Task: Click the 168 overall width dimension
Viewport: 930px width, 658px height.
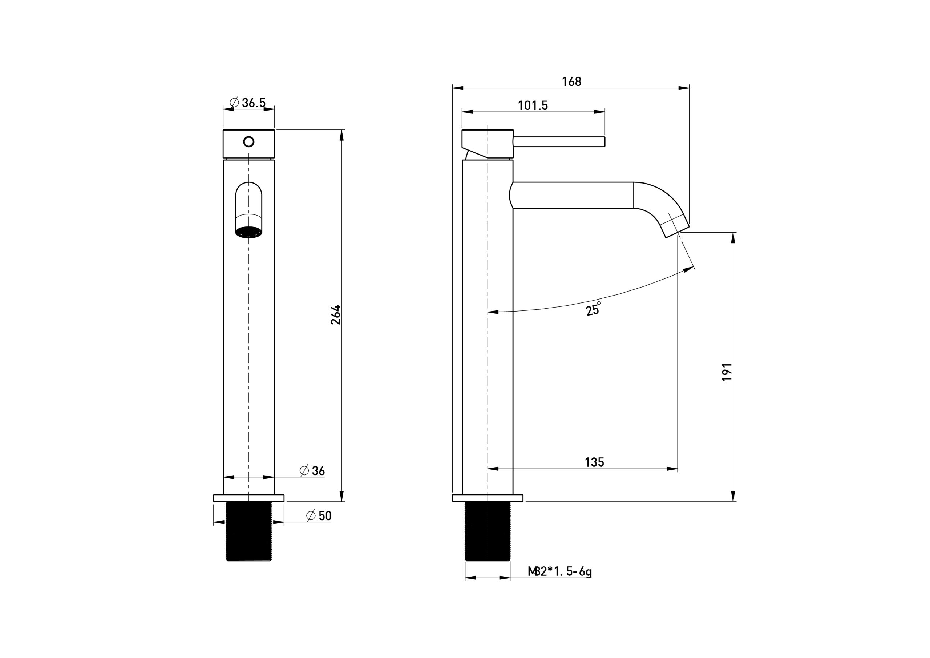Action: [571, 82]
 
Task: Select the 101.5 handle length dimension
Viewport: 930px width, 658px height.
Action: [533, 105]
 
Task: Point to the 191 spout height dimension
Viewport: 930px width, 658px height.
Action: [727, 372]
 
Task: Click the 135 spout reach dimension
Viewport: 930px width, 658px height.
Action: [594, 462]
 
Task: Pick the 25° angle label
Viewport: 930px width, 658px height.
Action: [593, 309]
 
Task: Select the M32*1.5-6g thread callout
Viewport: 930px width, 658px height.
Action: [559, 571]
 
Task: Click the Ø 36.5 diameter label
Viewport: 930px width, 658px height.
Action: [247, 103]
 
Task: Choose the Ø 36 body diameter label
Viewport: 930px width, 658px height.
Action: [312, 470]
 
